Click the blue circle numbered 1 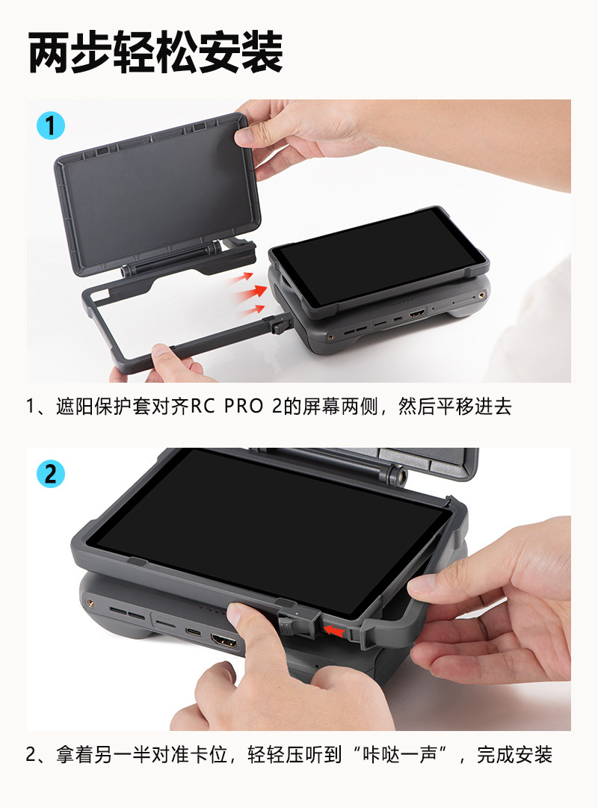(51, 126)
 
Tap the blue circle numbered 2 (51, 474)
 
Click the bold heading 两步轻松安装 (155, 52)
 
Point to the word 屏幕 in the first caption (321, 407)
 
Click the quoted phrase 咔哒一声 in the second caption (399, 755)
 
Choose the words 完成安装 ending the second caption (514, 755)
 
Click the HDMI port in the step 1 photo (417, 312)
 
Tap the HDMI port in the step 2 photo (224, 641)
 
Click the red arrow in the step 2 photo (334, 630)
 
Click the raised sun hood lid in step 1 (157, 194)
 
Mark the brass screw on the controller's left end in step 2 (90, 602)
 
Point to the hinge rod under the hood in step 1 (173, 259)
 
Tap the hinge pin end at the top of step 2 (397, 473)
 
